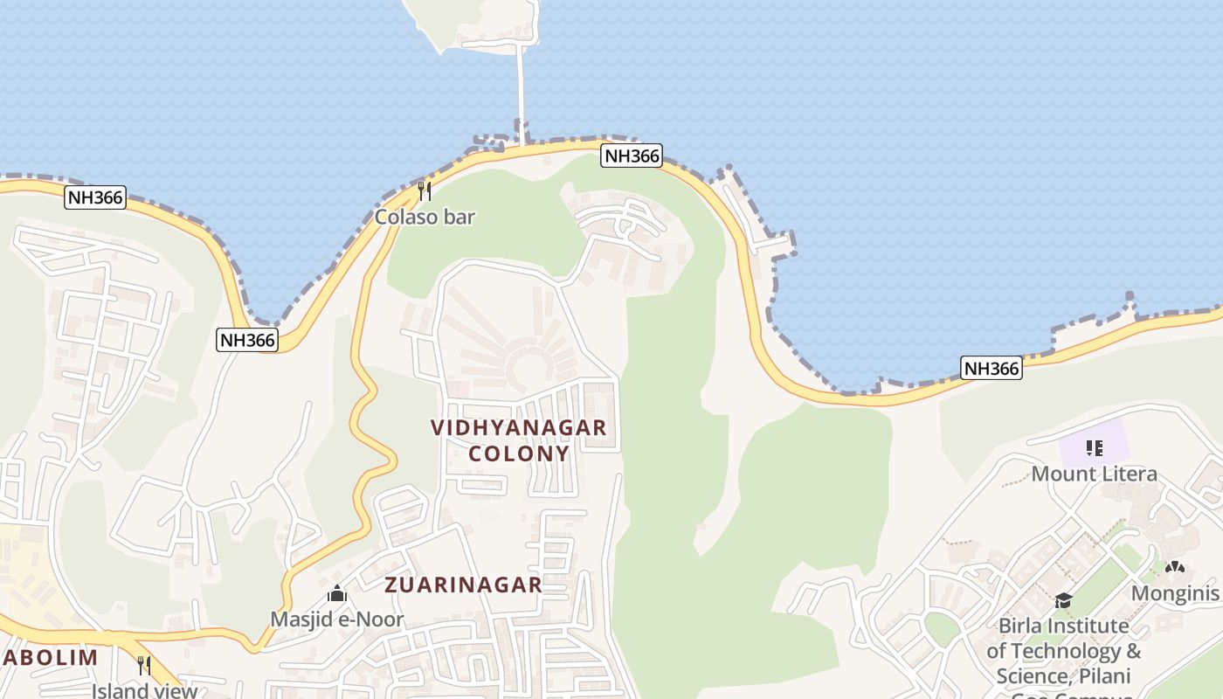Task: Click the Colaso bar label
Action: [x=425, y=217]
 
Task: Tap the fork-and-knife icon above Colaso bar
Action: [x=425, y=190]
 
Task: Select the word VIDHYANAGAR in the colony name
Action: [x=518, y=427]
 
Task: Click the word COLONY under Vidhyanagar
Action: [x=519, y=453]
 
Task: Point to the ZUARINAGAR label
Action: [x=464, y=585]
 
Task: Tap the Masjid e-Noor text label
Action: [x=336, y=619]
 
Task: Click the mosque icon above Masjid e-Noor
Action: [x=337, y=595]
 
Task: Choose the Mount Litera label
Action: [x=1094, y=474]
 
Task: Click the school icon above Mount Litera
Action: [x=1094, y=448]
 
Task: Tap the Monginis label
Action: [x=1174, y=593]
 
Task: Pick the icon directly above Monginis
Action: [x=1175, y=568]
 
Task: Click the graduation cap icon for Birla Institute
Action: [x=1063, y=600]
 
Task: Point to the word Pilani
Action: [x=1103, y=675]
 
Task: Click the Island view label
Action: [x=144, y=690]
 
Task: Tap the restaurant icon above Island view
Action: [x=144, y=665]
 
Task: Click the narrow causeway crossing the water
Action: [x=522, y=87]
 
